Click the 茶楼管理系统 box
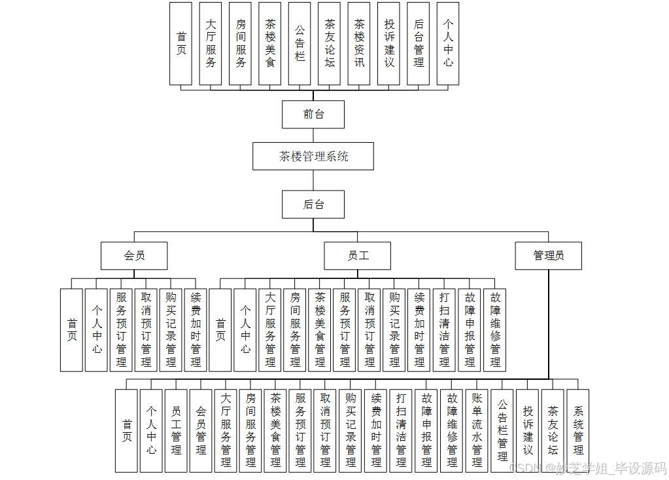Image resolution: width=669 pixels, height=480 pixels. click(313, 157)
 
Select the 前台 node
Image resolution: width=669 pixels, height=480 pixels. click(313, 115)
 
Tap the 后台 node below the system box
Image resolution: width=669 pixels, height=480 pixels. click(313, 204)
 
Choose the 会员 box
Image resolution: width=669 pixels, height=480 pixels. click(134, 255)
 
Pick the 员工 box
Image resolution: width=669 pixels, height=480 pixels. click(358, 255)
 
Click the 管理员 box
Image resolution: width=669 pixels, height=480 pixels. click(548, 255)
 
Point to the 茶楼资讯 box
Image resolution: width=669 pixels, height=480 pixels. click(359, 43)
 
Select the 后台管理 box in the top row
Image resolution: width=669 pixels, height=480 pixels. click(419, 43)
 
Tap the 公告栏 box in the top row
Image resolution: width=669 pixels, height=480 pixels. click(300, 43)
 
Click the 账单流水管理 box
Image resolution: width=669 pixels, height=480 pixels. click(477, 430)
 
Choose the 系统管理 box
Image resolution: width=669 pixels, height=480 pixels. click(578, 430)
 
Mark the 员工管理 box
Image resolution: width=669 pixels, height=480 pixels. click(176, 430)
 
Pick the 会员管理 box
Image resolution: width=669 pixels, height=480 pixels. click(201, 430)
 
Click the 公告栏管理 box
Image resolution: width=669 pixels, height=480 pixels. click(502, 430)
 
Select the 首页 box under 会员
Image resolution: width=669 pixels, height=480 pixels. click(72, 329)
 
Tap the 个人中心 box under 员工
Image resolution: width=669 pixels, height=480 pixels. click(245, 329)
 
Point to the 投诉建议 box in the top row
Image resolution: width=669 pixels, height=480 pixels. click(389, 43)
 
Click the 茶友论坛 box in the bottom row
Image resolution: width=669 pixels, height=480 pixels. click(553, 430)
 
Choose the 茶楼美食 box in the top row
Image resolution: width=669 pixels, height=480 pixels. click(270, 43)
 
